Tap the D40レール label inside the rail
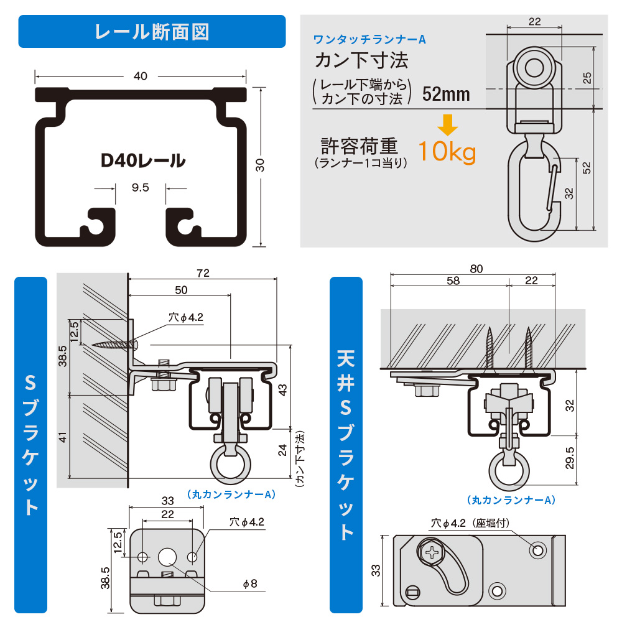tap(143, 160)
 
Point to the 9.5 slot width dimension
tap(141, 187)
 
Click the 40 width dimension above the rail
tap(141, 76)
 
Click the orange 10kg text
tap(447, 151)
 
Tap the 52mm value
tap(445, 94)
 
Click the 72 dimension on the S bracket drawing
tap(202, 273)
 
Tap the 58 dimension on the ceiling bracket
tap(453, 281)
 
